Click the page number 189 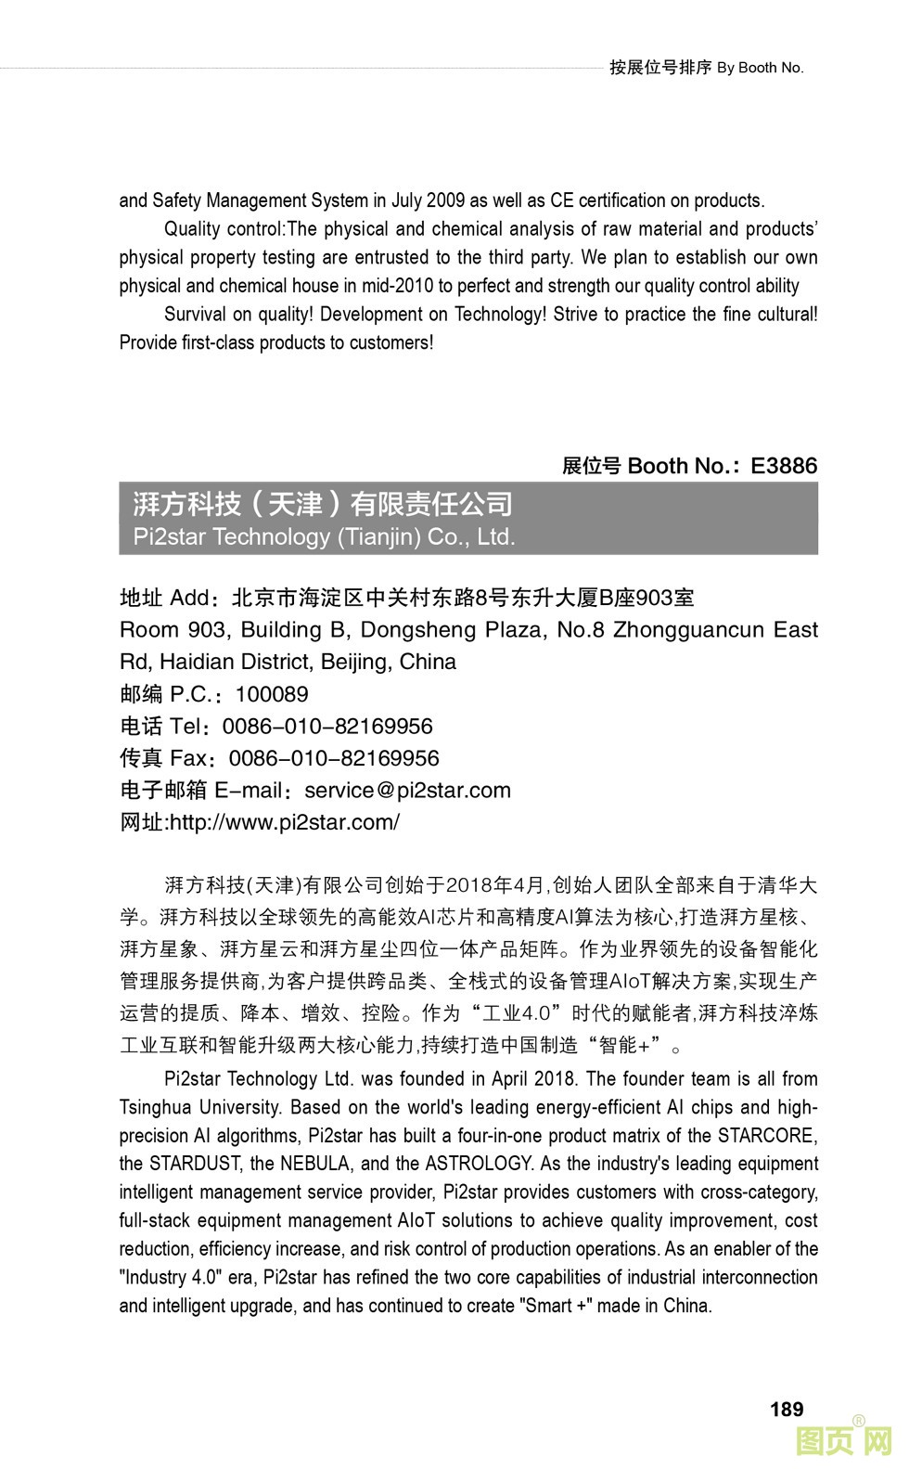[786, 1409]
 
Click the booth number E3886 [784, 466]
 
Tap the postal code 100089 [272, 694]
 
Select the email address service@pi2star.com [407, 791]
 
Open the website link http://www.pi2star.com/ [285, 822]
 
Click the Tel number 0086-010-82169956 [327, 727]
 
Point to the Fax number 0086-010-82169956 [334, 758]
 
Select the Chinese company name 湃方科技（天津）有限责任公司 [323, 504]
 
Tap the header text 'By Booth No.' [760, 68]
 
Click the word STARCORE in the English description [767, 1136]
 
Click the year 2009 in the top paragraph [445, 200]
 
